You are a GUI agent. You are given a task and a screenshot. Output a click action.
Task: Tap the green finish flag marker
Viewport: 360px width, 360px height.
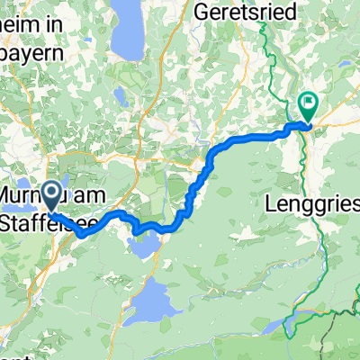pyautogui.click(x=308, y=106)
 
